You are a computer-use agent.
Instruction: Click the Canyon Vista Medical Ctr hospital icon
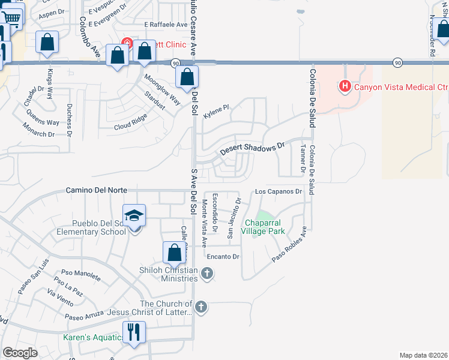pos(345,86)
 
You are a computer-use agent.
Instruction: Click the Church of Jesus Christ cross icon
pos(200,307)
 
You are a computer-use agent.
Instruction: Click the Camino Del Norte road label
pos(96,190)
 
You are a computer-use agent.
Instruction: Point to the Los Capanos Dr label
pos(278,192)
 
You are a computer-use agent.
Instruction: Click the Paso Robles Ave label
pos(290,244)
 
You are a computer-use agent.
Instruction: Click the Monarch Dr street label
pos(38,130)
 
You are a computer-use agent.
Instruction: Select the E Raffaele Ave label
pos(166,25)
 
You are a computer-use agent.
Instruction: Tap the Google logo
pos(20,353)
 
